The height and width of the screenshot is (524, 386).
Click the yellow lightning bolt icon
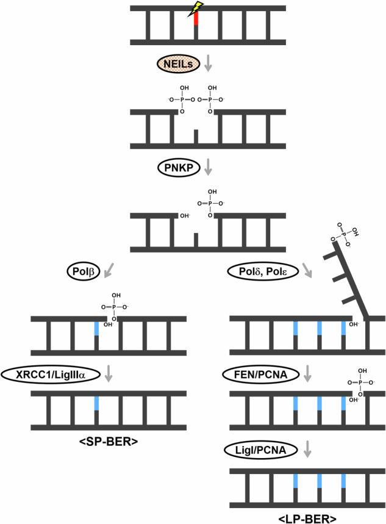[196, 9]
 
